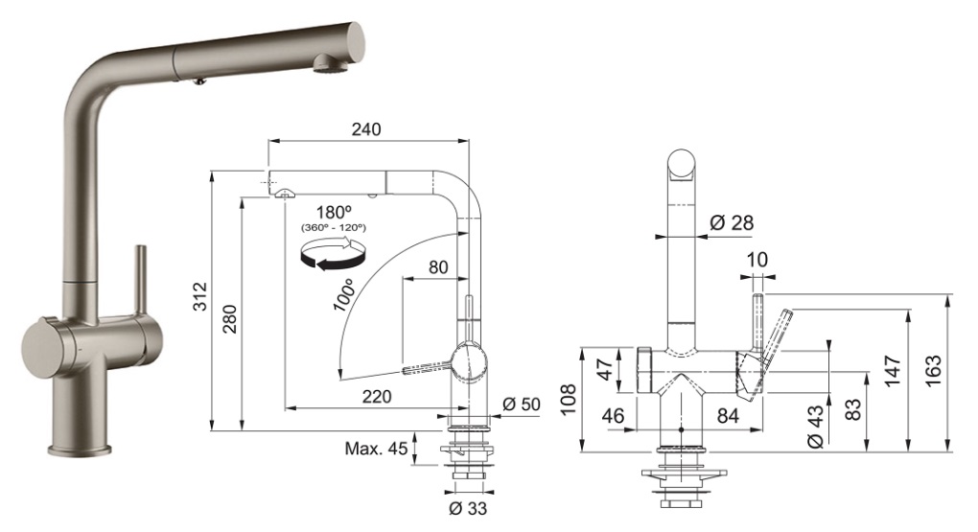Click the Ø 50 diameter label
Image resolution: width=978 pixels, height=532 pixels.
(x=522, y=404)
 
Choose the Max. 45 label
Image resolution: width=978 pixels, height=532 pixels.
(x=376, y=449)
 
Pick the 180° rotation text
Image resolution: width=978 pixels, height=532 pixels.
(x=330, y=212)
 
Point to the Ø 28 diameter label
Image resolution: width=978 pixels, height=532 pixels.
(x=732, y=222)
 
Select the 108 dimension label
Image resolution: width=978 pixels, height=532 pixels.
(x=569, y=396)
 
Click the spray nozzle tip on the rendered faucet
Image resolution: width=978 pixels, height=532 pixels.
(x=325, y=64)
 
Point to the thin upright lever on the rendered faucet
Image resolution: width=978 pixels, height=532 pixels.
(x=141, y=282)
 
